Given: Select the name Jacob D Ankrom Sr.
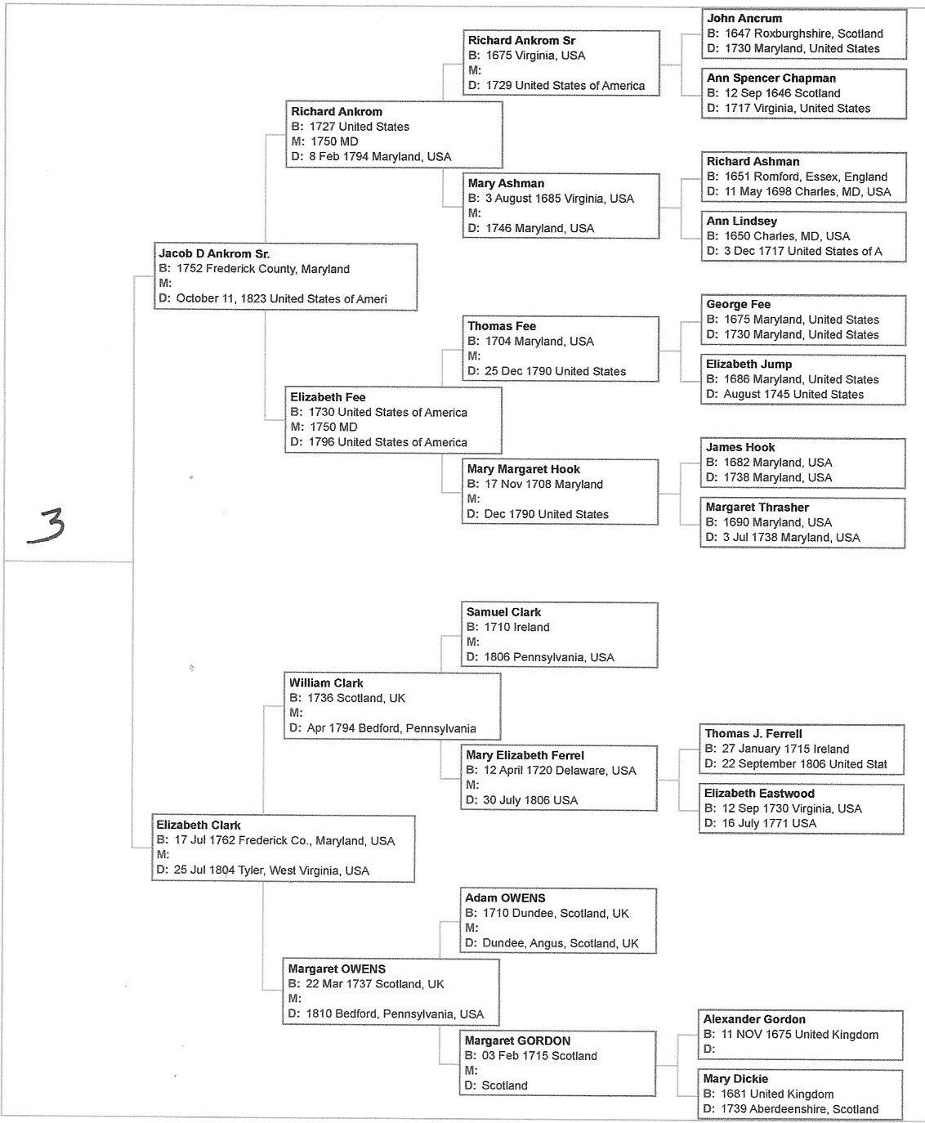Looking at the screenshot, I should (x=214, y=254).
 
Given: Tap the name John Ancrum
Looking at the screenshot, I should (x=744, y=18).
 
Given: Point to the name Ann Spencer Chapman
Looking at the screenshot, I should (x=771, y=78).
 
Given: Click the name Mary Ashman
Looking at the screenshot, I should (x=506, y=183).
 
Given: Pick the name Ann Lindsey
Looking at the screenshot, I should (x=741, y=221).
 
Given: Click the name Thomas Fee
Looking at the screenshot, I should (x=502, y=326).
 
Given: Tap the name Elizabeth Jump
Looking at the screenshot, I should (x=748, y=365).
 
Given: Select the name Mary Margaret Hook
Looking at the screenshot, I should (x=523, y=469).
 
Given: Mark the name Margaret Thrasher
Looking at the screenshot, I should (x=757, y=508).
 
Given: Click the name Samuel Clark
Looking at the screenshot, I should (x=503, y=612).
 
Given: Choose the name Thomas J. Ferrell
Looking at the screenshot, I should (x=753, y=734).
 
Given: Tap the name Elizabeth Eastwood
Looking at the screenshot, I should (x=759, y=794).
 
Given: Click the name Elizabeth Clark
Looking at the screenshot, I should (x=199, y=825).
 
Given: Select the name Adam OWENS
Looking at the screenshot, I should (x=505, y=898).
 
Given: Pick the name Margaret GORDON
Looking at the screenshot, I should (x=517, y=1041).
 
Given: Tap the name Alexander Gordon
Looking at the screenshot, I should (x=753, y=1019).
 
